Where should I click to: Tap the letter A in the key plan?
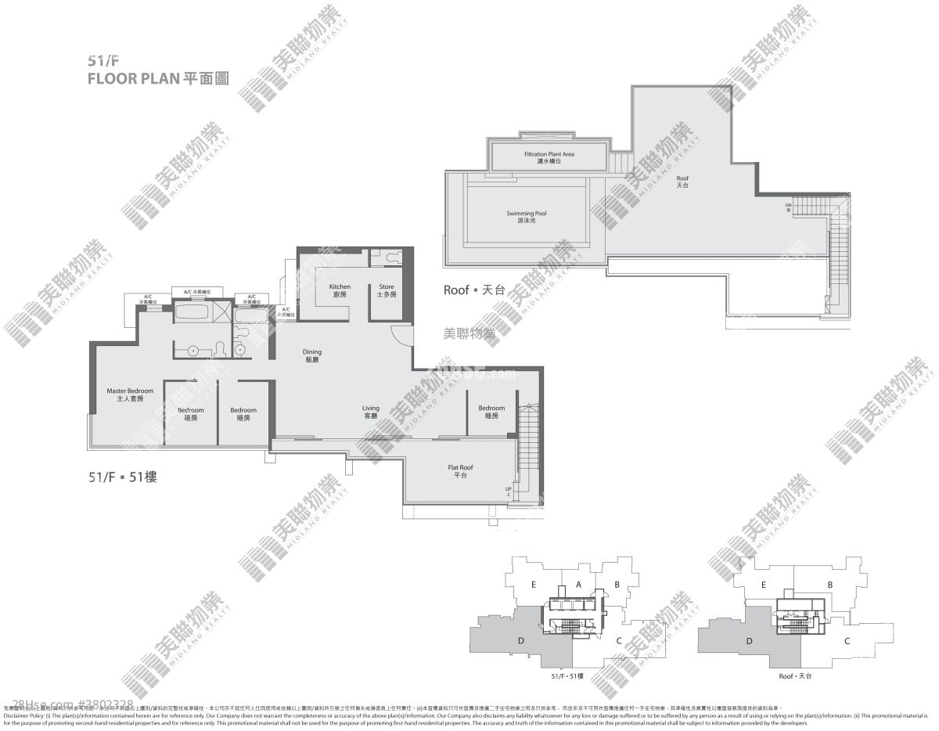(x=578, y=584)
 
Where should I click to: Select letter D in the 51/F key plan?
(x=520, y=641)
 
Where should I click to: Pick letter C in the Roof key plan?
(x=847, y=641)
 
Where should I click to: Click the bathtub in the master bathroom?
(x=192, y=314)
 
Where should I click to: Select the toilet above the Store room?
(x=388, y=256)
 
